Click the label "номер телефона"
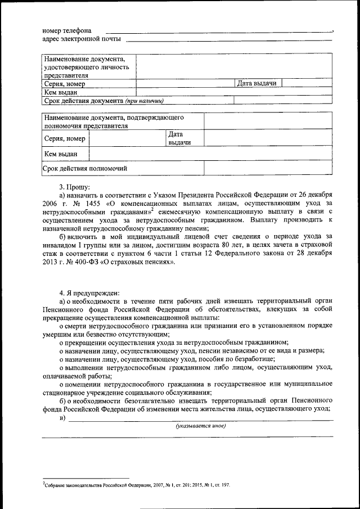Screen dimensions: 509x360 (67, 30)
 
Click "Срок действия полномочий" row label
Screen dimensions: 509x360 (85, 168)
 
